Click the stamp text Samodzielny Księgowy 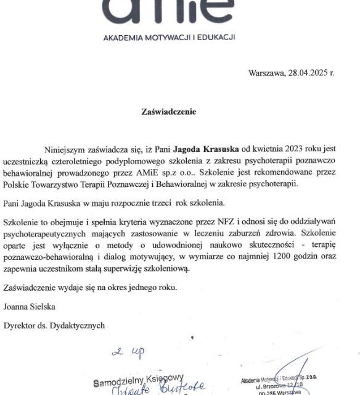pyautogui.click(x=138, y=382)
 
